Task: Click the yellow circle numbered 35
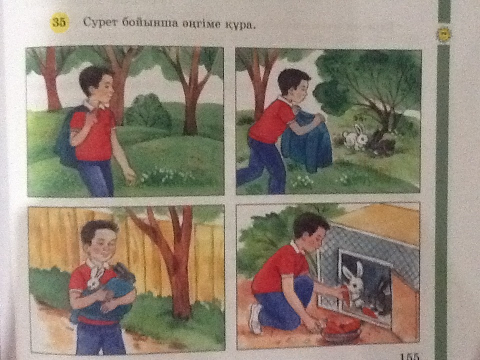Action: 59,22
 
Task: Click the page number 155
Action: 409,356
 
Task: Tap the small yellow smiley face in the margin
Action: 443,34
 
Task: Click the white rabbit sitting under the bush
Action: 355,137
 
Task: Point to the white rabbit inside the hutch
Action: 353,284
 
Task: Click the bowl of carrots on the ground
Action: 342,329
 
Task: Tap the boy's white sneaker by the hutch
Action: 255,318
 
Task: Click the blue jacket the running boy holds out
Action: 306,141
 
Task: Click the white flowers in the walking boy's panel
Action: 165,175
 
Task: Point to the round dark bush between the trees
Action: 148,112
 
